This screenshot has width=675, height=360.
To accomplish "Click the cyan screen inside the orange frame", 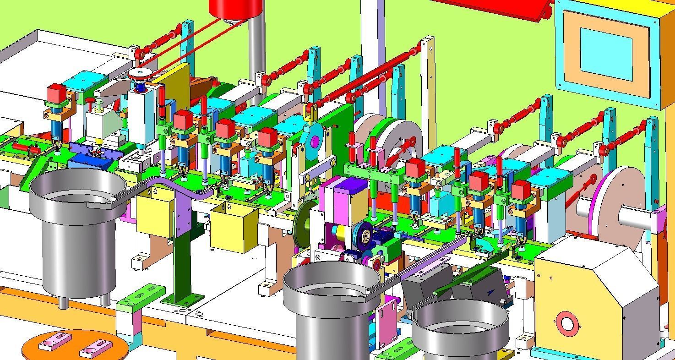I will [606, 54].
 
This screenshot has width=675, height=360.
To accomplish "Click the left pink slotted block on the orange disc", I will [55, 341].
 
